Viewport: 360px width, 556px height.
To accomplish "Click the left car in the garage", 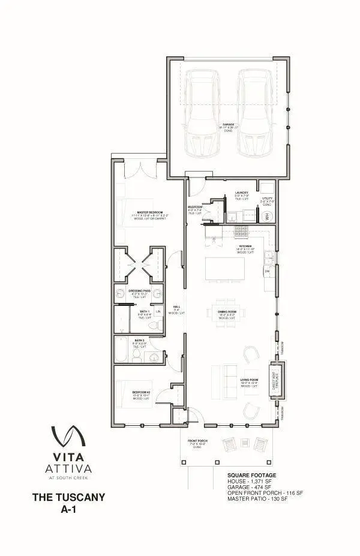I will click(202, 113).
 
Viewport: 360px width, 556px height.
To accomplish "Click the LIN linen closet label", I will click(158, 312).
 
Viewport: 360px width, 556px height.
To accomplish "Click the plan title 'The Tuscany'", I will click(68, 497).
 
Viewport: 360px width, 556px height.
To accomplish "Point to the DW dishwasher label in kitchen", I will click(267, 272).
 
